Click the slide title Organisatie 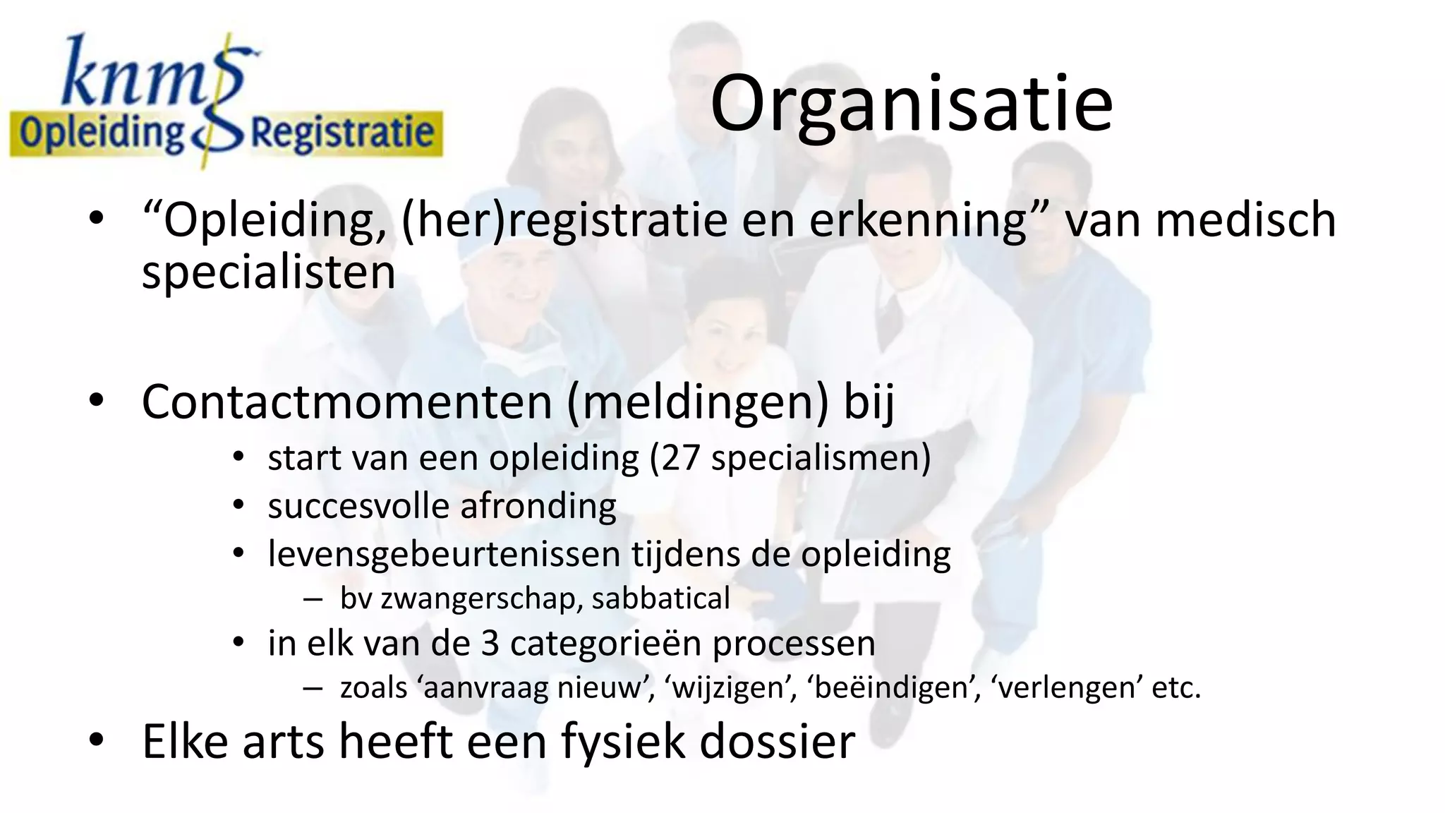[x=911, y=104]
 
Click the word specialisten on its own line [x=268, y=272]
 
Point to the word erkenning [x=918, y=219]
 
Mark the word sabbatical [x=660, y=598]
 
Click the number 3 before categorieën [x=490, y=644]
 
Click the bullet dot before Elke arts [x=97, y=740]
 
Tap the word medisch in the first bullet [x=1245, y=219]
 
